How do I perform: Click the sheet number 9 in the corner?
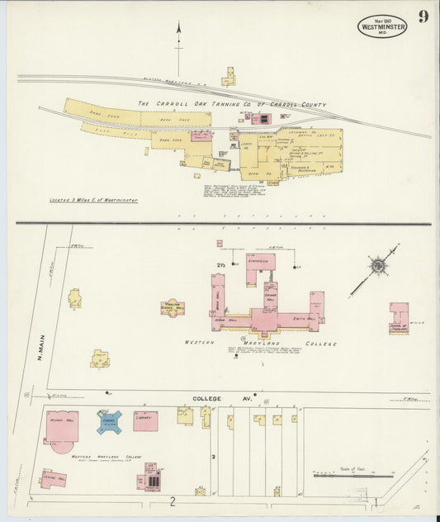coord(423,17)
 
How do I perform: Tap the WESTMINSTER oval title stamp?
coord(382,26)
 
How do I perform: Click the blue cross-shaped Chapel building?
coord(109,421)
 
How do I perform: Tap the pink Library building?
coord(145,420)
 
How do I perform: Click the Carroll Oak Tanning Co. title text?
coord(232,105)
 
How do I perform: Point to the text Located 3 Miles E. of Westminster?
coord(93,200)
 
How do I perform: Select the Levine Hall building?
coord(54,478)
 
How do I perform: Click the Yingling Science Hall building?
coord(173,307)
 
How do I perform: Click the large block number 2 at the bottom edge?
coord(173,501)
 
